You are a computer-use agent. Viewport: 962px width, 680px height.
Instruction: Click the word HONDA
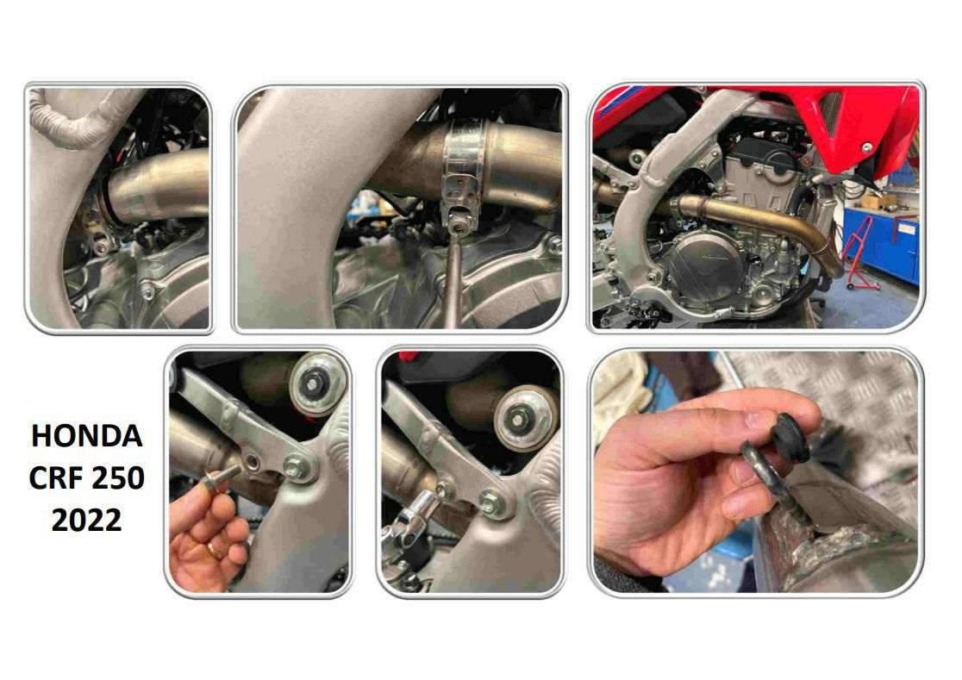86,436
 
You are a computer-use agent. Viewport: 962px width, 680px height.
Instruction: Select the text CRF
54,477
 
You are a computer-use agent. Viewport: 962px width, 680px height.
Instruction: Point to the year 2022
86,520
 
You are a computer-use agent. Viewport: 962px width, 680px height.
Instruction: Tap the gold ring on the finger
214,550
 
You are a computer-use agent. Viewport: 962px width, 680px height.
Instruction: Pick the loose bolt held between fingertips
221,477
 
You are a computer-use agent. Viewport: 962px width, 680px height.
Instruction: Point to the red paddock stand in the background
858,253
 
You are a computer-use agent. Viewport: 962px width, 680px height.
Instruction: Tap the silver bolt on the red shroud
866,147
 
